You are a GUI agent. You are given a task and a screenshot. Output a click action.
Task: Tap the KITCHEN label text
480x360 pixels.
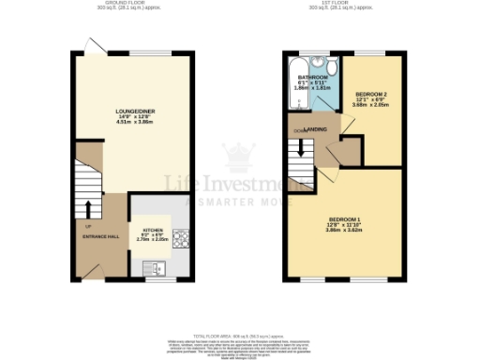click(x=152, y=228)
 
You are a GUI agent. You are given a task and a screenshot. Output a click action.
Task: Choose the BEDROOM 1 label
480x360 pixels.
click(x=344, y=219)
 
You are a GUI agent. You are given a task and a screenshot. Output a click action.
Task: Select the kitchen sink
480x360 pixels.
click(x=155, y=269)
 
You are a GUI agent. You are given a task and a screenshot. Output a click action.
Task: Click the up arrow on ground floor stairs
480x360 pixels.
click(x=90, y=207)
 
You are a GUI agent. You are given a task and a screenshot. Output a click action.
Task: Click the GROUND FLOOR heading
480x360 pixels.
click(x=134, y=5)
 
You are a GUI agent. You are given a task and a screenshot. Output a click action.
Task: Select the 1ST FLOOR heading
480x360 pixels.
click(x=347, y=5)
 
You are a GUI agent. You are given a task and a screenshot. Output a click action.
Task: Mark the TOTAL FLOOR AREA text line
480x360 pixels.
click(x=240, y=335)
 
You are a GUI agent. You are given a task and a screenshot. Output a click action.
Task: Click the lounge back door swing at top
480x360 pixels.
click(x=91, y=47)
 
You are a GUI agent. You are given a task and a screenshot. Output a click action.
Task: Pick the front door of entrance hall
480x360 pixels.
click(x=91, y=272)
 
